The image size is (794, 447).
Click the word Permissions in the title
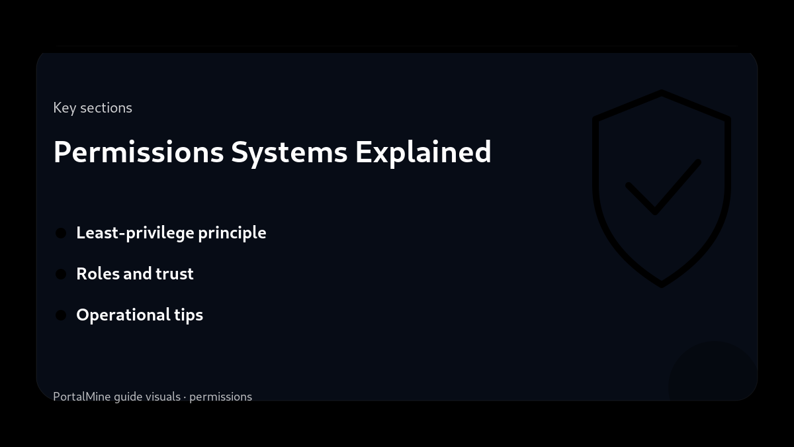[x=138, y=152]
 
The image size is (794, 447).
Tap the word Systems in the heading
[x=289, y=152]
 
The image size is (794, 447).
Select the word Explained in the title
[x=423, y=152]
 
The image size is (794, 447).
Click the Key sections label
[x=93, y=108]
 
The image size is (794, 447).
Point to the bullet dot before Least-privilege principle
[x=61, y=233]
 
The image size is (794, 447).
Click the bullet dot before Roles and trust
[x=61, y=274]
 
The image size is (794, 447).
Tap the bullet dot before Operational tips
[x=61, y=315]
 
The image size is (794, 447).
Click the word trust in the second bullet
[x=175, y=274]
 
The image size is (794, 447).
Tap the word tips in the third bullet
[x=189, y=315]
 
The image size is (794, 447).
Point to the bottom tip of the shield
[x=662, y=285]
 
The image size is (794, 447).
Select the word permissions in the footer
[x=220, y=397]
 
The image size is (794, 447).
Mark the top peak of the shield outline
[x=662, y=92]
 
